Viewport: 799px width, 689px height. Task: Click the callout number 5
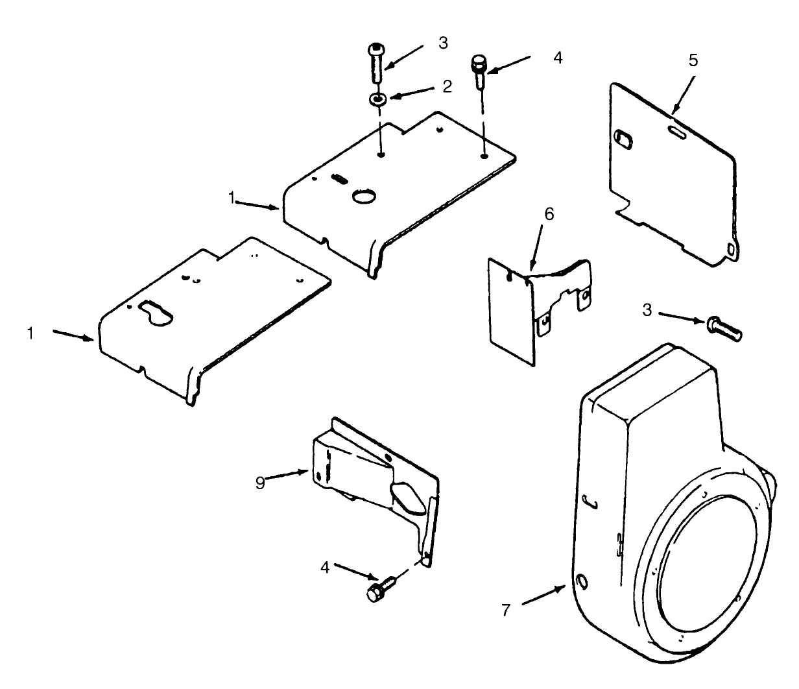(693, 60)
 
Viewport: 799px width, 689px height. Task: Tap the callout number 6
(549, 215)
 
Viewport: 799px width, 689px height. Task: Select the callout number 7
(506, 610)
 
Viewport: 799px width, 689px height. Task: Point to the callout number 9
(260, 483)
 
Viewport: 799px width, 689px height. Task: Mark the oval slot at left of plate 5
(622, 138)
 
